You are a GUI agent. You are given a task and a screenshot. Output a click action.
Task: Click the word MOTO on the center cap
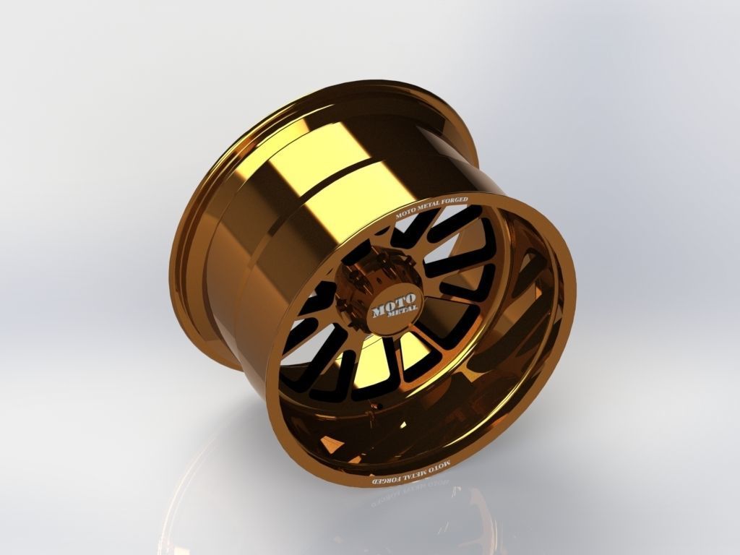pyautogui.click(x=393, y=301)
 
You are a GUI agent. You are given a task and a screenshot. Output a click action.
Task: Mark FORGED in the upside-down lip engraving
pyautogui.click(x=384, y=480)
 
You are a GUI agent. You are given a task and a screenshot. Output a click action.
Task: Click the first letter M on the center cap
pyautogui.click(x=379, y=311)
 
